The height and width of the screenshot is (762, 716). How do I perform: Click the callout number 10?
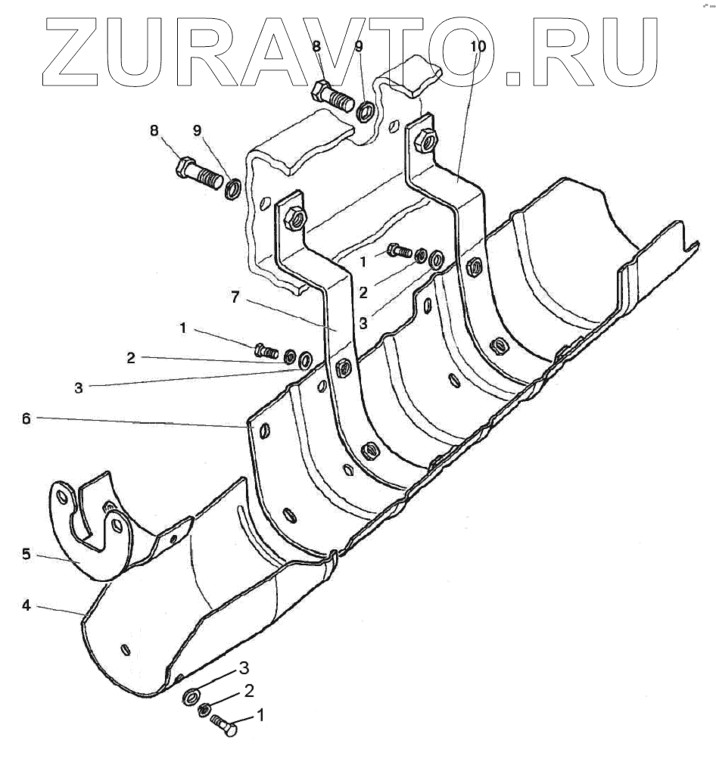coord(478,46)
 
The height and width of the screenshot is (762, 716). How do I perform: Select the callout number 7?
coord(236,299)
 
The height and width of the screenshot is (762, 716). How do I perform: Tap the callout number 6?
coord(26,418)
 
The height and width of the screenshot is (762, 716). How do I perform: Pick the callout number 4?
coord(26,605)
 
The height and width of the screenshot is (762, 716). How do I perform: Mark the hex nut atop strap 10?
coord(425,140)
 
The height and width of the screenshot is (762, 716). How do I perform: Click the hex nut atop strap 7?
coord(293,219)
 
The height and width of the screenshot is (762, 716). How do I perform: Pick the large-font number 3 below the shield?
coord(244,668)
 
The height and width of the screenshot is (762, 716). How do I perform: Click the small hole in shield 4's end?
coord(124,648)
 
